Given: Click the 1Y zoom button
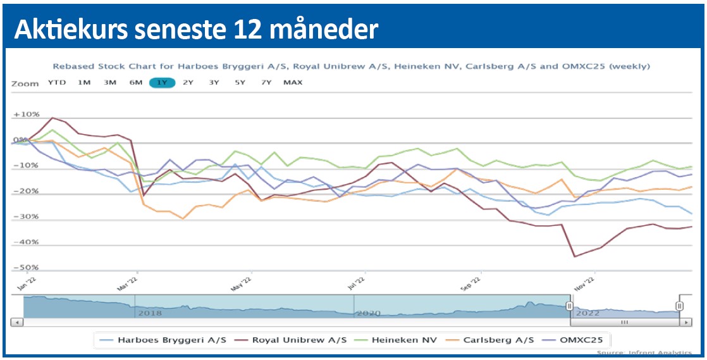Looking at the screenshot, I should click(x=162, y=82).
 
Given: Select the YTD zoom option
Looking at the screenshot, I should click(x=57, y=82).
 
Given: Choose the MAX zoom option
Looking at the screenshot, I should click(x=293, y=82).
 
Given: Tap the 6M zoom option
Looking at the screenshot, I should click(x=136, y=82).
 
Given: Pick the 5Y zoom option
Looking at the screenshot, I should click(x=240, y=82).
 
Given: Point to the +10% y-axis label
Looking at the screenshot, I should click(x=27, y=115).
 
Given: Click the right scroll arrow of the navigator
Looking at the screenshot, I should click(x=685, y=323).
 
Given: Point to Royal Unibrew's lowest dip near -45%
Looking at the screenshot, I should click(x=574, y=256).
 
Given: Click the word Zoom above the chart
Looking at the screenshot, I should click(x=25, y=83).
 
